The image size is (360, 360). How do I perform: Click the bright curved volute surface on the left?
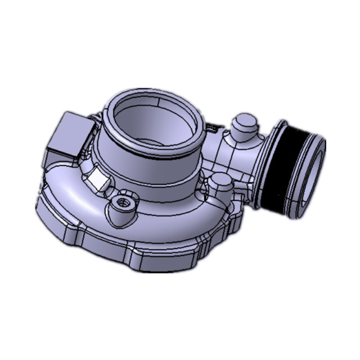point(62,191)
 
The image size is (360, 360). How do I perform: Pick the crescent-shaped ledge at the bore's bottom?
point(152,141)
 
